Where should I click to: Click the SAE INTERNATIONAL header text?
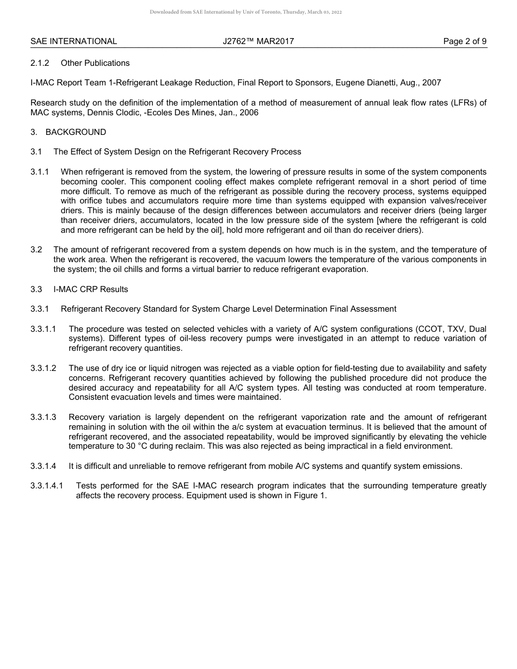[x=73, y=41]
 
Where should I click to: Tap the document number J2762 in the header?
[x=235, y=41]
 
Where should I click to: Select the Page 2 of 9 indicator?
[x=465, y=41]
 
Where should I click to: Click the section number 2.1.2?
[x=40, y=63]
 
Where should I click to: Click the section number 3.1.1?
[x=40, y=172]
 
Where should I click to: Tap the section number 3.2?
[x=36, y=250]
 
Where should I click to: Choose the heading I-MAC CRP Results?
[x=90, y=289]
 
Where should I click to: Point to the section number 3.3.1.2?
[x=44, y=368]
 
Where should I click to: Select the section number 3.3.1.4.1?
[x=47, y=486]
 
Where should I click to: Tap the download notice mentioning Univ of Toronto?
[x=245, y=12]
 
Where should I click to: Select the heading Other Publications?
[x=95, y=63]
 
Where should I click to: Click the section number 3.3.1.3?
[x=44, y=417]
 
